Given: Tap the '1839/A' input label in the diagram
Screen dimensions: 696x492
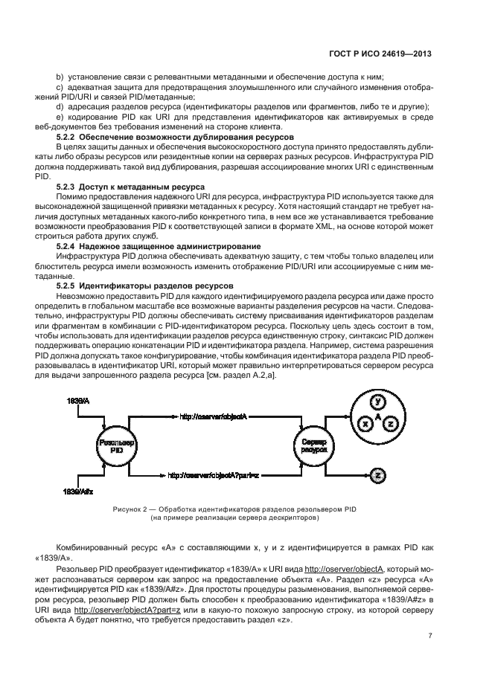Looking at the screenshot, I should coord(77,402).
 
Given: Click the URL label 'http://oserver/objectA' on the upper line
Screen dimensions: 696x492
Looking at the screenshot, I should coord(216,416).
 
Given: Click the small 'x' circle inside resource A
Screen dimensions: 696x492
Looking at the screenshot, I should coord(365,422).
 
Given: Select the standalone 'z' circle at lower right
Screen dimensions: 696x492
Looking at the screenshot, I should coord(377,474).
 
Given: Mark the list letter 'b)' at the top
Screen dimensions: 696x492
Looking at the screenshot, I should coord(61,77).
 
